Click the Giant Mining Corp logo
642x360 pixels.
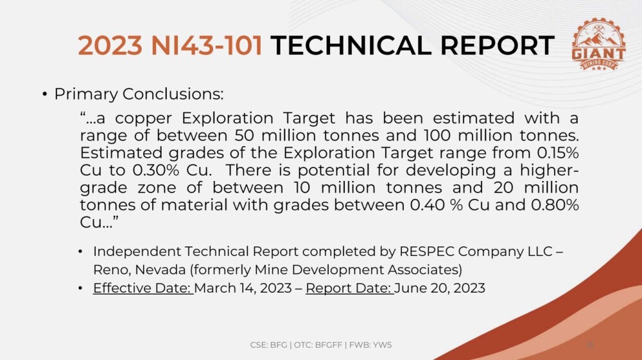coord(598,44)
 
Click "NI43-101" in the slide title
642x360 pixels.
coord(207,45)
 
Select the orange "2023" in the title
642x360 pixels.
coord(110,45)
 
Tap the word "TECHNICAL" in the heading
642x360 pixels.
coord(351,45)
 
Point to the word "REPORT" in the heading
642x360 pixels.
coord(497,45)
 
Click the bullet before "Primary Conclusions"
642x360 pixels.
coord(45,95)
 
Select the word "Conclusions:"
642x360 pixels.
coord(173,94)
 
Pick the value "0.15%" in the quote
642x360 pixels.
coord(558,153)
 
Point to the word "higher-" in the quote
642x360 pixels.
coord(550,171)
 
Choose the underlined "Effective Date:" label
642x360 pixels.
coord(143,288)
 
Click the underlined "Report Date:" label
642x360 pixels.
coord(350,288)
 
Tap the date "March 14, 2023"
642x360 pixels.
coord(243,288)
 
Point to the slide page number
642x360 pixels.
coord(590,345)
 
